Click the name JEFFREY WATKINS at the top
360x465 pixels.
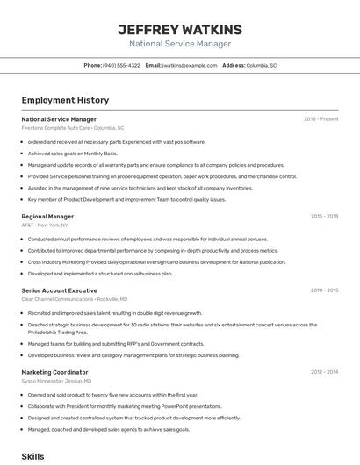click(x=179, y=29)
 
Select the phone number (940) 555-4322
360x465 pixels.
click(x=121, y=65)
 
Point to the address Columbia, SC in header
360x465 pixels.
click(x=262, y=65)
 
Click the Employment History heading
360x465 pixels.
click(x=65, y=101)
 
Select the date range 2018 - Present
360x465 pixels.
click(x=320, y=118)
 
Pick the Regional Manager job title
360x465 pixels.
click(x=47, y=216)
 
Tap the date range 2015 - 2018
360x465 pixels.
click(x=324, y=216)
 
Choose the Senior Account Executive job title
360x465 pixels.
click(x=59, y=290)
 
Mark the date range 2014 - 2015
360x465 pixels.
click(x=324, y=290)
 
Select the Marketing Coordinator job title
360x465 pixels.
click(x=54, y=372)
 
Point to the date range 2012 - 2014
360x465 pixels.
click(x=324, y=372)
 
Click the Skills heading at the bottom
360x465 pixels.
click(x=32, y=456)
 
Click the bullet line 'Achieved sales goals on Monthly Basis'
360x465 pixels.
click(x=78, y=153)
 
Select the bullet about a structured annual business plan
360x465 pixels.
click(x=100, y=274)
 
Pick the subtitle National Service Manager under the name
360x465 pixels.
click(x=179, y=44)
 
